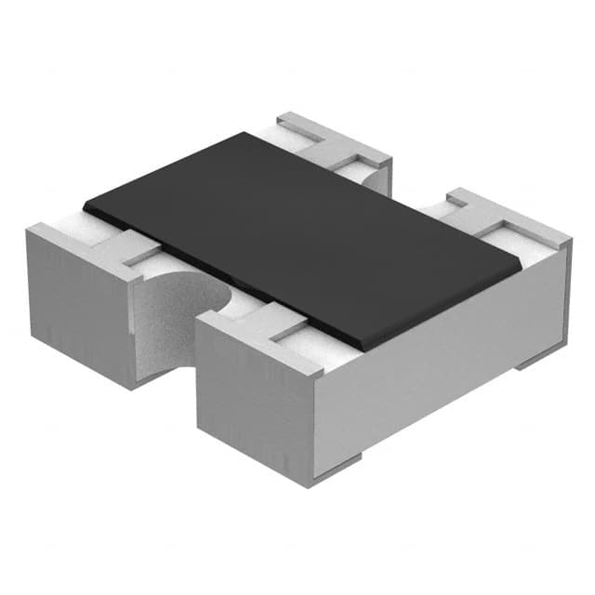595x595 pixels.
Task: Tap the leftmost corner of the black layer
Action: pyautogui.click(x=84, y=202)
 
